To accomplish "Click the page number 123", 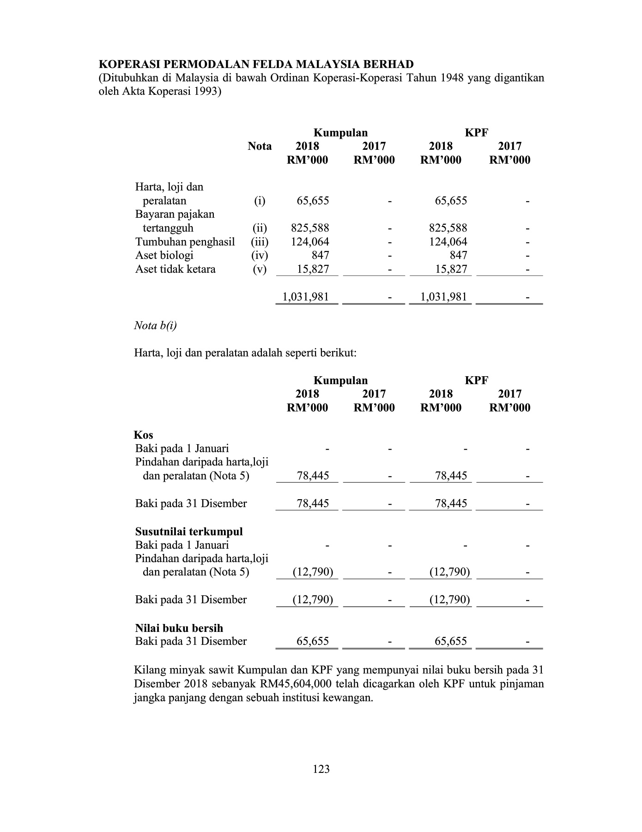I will (x=321, y=769).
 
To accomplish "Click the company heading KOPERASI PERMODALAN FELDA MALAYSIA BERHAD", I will (x=256, y=64).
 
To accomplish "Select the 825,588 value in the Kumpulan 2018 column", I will (x=310, y=228).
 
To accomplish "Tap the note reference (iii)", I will (x=260, y=242).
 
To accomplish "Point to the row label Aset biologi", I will (x=164, y=256).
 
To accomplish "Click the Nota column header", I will (x=260, y=147).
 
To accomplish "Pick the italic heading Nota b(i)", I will (x=155, y=326).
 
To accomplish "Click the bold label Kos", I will (x=143, y=435).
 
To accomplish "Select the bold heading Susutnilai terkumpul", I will (x=188, y=532).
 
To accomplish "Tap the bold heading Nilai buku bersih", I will (x=179, y=628).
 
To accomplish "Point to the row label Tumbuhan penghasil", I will (x=185, y=242).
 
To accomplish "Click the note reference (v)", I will (x=260, y=269).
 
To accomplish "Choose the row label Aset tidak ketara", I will (x=175, y=269).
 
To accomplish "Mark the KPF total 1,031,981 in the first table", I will (x=444, y=297).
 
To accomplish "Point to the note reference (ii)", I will (x=260, y=228).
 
